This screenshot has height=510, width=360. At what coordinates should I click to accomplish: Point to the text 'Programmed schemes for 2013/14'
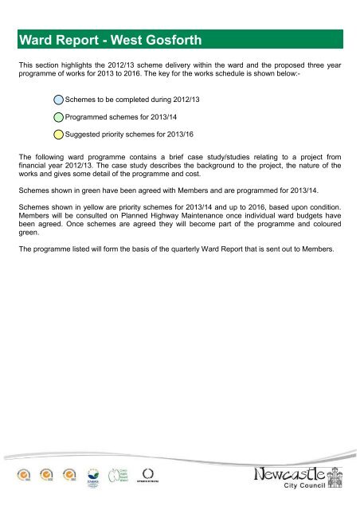[x=119, y=117]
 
